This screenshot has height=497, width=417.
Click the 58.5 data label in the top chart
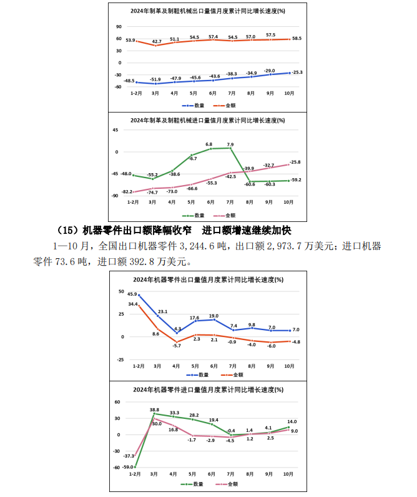pyautogui.click(x=297, y=38)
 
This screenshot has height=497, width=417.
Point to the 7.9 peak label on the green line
pyautogui.click(x=230, y=144)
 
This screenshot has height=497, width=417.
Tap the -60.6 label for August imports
pyautogui.click(x=250, y=184)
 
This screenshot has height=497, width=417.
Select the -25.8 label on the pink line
pyautogui.click(x=295, y=162)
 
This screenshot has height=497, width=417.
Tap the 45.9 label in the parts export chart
pyautogui.click(x=132, y=294)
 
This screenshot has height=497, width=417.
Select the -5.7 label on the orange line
pyautogui.click(x=177, y=346)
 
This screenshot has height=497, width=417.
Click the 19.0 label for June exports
pyautogui.click(x=213, y=316)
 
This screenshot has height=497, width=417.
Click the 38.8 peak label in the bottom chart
pyautogui.click(x=155, y=410)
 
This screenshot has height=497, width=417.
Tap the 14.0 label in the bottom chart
pyautogui.click(x=292, y=421)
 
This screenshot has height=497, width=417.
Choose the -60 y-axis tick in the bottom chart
pyautogui.click(x=117, y=467)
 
